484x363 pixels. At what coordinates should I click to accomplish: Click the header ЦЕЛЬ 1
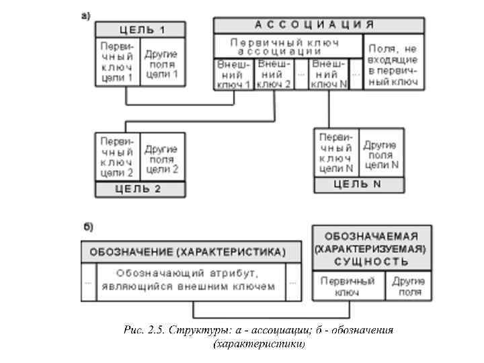point(140,29)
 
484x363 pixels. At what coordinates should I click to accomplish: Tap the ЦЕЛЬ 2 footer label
point(140,189)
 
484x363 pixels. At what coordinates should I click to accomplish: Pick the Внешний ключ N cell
point(329,74)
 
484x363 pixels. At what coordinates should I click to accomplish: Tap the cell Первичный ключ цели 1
point(117,61)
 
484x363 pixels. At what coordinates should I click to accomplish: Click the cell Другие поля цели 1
point(161,65)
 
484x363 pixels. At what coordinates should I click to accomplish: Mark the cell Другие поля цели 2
point(161,159)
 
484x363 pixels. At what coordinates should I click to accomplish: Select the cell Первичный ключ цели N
point(336,153)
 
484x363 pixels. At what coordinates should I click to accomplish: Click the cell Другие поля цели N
point(381,154)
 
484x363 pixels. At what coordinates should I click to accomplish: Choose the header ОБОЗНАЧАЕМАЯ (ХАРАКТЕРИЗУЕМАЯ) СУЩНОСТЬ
point(371,248)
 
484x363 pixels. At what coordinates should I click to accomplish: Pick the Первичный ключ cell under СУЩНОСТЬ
point(348,286)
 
